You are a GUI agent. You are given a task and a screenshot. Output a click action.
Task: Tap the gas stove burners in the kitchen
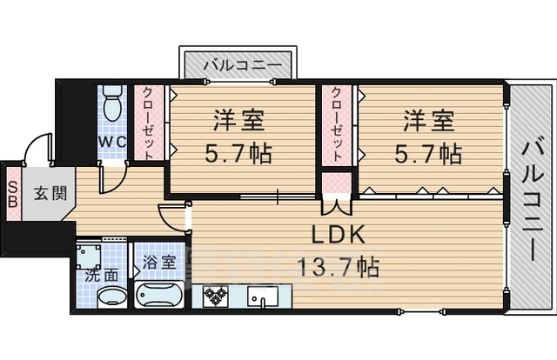click(x=216, y=297)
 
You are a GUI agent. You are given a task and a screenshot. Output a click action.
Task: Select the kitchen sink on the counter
click(x=261, y=297)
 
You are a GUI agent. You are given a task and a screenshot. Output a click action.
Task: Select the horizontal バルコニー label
click(x=241, y=64)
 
